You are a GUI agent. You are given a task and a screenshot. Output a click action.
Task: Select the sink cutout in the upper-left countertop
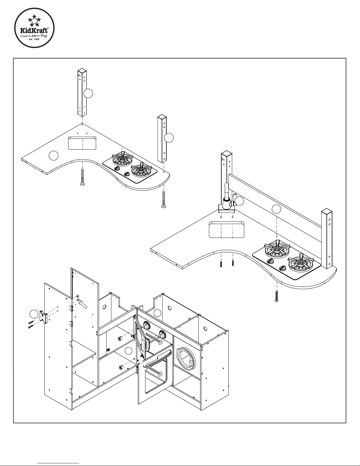83,143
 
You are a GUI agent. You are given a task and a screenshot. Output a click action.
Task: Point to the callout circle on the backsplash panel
276,209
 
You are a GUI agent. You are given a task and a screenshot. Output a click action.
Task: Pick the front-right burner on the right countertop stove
300,262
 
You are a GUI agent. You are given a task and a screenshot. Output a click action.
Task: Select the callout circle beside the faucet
240,201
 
